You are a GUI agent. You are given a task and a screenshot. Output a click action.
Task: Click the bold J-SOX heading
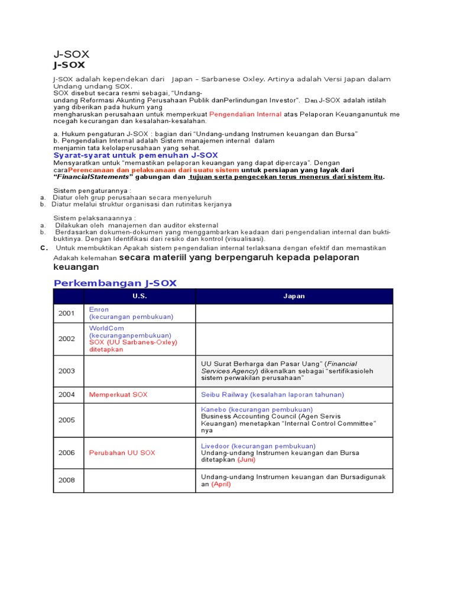(69, 65)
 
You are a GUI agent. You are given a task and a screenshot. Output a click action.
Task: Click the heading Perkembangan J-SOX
(115, 283)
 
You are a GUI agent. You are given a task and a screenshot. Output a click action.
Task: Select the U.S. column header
(140, 296)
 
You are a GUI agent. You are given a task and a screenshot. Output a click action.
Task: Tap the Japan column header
(294, 296)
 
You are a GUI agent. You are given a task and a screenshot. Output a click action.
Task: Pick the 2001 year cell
(67, 313)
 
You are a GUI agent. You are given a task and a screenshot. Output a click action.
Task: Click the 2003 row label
(67, 371)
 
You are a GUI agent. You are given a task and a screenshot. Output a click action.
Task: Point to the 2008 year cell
(67, 480)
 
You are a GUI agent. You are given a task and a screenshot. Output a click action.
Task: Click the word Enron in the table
(99, 310)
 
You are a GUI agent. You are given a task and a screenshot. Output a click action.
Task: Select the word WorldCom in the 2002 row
(107, 328)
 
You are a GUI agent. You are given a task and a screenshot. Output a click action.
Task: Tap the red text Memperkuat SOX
(118, 395)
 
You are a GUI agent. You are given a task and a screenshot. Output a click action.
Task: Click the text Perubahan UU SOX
(122, 453)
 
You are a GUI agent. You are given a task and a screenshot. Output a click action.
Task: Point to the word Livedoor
(215, 446)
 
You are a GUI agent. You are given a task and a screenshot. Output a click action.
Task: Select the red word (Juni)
(247, 460)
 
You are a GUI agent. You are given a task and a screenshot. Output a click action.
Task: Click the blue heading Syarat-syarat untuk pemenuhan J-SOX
(135, 155)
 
